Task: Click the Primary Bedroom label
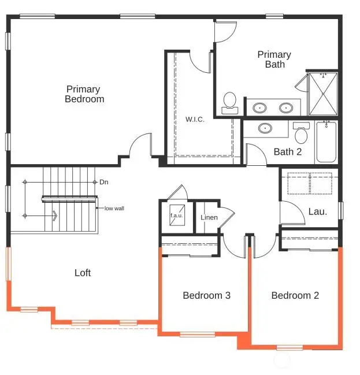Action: (x=84, y=94)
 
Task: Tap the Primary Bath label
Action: (x=274, y=60)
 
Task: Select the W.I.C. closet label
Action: (x=195, y=120)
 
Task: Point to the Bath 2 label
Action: (x=287, y=152)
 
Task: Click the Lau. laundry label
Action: (x=317, y=211)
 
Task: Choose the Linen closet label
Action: (x=209, y=218)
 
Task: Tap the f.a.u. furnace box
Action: (x=176, y=216)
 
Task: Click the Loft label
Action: (x=83, y=273)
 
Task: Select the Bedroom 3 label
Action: (x=206, y=295)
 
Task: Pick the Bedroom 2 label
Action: (x=295, y=295)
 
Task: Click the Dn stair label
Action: (x=104, y=182)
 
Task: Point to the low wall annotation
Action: (x=114, y=208)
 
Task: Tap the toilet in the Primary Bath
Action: (x=230, y=101)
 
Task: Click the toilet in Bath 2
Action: (x=300, y=134)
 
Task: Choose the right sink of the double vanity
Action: (x=285, y=107)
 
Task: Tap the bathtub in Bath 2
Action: (x=326, y=142)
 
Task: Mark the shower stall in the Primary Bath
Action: (x=322, y=94)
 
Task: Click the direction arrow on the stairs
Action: (x=55, y=216)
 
